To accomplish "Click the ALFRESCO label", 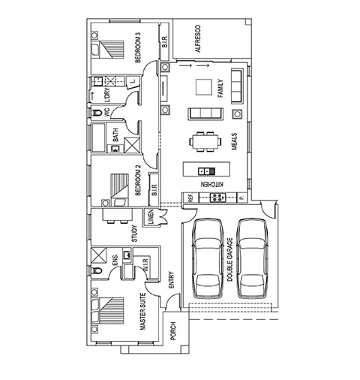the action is point(198,38).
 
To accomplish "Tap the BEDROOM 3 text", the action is point(138,47).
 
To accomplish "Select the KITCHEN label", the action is point(212,185).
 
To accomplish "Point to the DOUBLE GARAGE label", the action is point(229,260).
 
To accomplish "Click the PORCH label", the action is point(173,331).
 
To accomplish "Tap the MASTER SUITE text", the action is point(142,312).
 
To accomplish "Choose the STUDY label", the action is point(134,234).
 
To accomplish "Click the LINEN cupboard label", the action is point(151,217).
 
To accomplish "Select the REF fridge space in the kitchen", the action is point(190,198).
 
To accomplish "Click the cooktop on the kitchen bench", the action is point(217,198).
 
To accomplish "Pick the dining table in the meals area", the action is point(205,142).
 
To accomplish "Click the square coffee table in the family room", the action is point(204,87).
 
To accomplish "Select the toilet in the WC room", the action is point(96,113).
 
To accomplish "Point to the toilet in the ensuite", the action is point(96,270).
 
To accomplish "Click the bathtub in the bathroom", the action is point(98,137).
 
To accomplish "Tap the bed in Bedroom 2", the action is point(119,189).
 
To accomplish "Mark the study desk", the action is point(118,215).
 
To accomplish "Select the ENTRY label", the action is point(172,280).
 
